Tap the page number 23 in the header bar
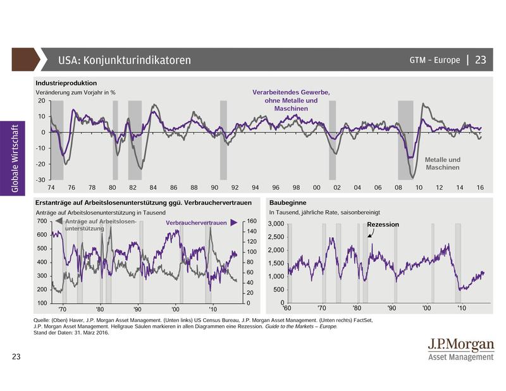pos(480,60)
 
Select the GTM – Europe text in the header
pos(435,61)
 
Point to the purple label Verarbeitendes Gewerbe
pos(292,92)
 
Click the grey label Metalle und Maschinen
pos(442,164)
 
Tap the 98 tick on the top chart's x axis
pos(295,188)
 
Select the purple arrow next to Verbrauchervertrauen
pos(233,223)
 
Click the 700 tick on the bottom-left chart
pos(42,221)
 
